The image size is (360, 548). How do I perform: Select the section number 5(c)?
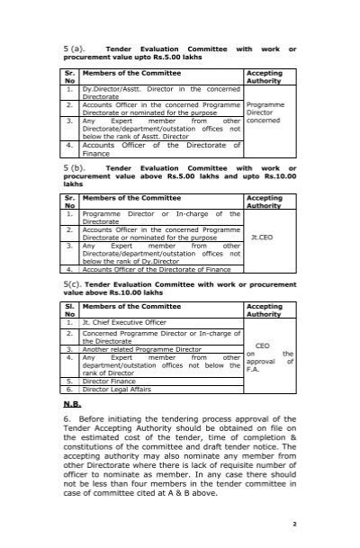point(73,286)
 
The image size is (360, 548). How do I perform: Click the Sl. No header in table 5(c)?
point(69,310)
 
